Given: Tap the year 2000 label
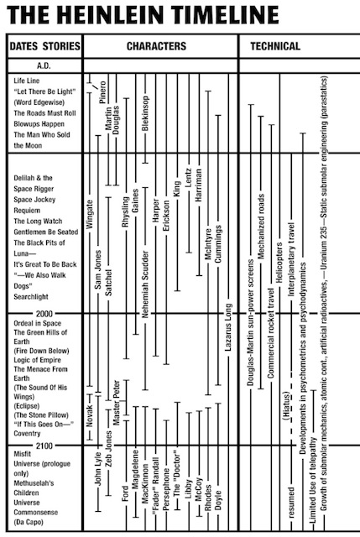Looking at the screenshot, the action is pos(43,313).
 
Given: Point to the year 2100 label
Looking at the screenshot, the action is pos(43,444).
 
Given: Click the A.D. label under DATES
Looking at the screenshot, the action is pos(44,64).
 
